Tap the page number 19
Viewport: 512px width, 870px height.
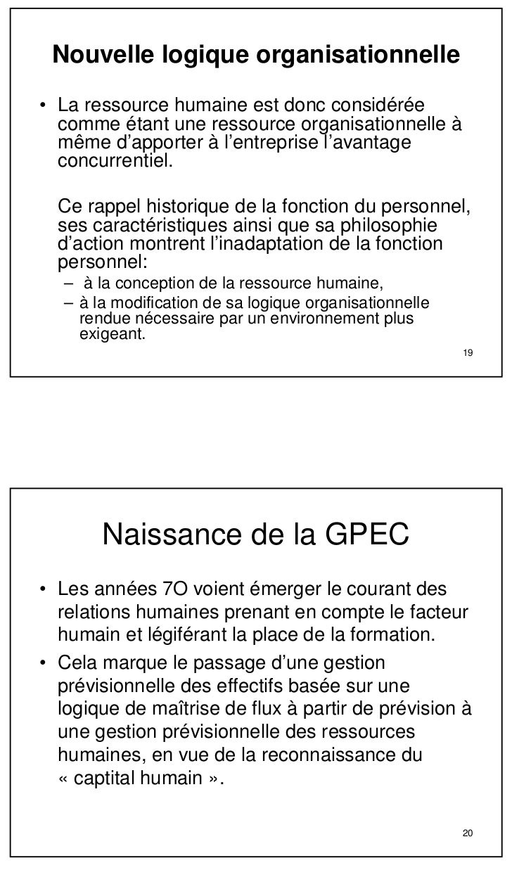[x=468, y=352]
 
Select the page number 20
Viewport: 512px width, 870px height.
[x=468, y=834]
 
